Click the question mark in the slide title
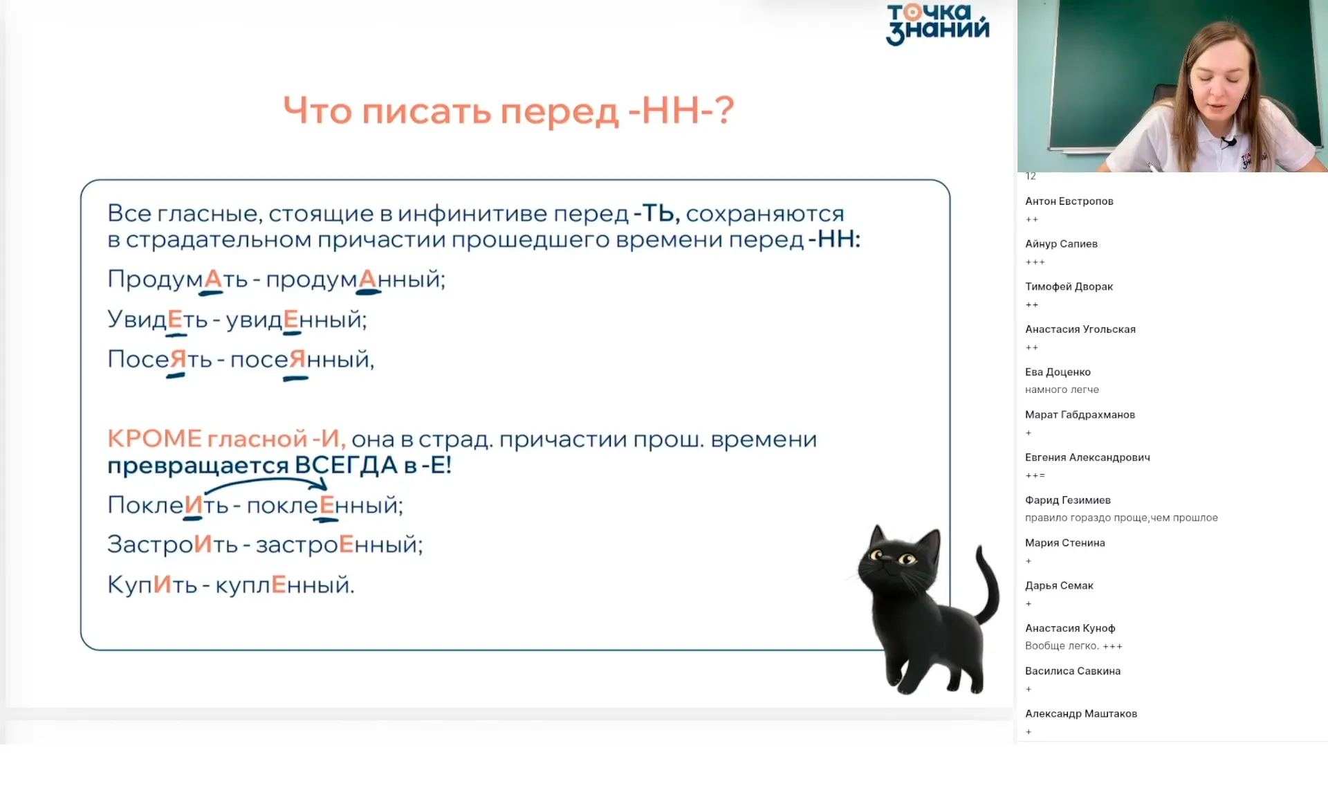(723, 110)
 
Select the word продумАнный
(355, 279)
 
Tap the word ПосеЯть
(159, 359)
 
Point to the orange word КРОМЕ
(154, 439)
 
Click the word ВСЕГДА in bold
(346, 465)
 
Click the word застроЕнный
(338, 545)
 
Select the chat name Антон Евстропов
(1069, 201)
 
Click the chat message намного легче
(1062, 390)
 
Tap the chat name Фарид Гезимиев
(1067, 500)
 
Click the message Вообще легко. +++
(1073, 646)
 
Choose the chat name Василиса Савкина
(1072, 671)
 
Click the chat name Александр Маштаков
(1080, 713)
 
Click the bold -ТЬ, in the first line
(656, 213)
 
